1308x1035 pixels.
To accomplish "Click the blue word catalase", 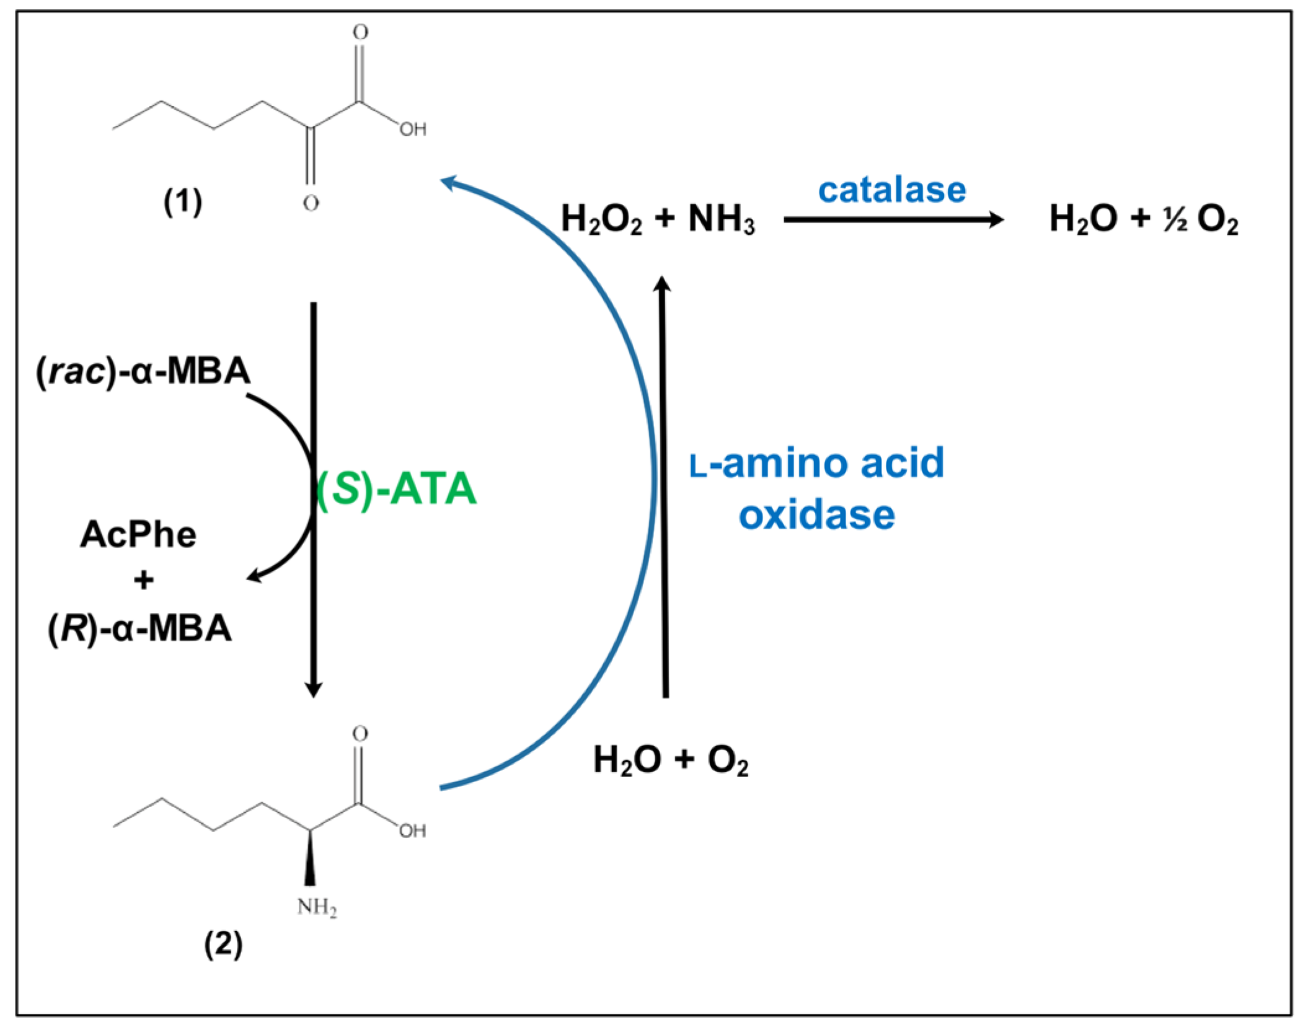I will click(x=891, y=190).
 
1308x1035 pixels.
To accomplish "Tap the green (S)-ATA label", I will click(x=396, y=488).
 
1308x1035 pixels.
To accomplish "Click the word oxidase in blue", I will click(x=816, y=514).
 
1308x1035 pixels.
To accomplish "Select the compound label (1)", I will click(x=183, y=202).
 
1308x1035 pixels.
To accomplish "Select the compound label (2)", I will click(x=223, y=945).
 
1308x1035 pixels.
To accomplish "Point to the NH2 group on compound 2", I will click(x=317, y=907).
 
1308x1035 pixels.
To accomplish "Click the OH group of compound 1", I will click(x=413, y=130).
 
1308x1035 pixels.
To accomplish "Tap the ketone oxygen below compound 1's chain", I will click(x=311, y=203).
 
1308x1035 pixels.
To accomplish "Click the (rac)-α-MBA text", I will click(x=143, y=371).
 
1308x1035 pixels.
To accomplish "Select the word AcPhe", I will click(x=138, y=534).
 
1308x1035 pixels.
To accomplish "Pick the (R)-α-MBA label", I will click(x=140, y=628).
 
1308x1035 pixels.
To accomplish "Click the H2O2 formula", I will click(x=601, y=219).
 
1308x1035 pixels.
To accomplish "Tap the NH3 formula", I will click(x=722, y=219).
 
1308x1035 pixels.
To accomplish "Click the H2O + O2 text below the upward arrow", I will click(x=671, y=760).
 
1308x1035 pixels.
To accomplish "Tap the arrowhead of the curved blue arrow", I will click(x=449, y=182).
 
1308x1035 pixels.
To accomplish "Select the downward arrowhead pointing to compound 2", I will click(x=314, y=689).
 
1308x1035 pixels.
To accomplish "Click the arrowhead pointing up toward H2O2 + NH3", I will click(x=663, y=284).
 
